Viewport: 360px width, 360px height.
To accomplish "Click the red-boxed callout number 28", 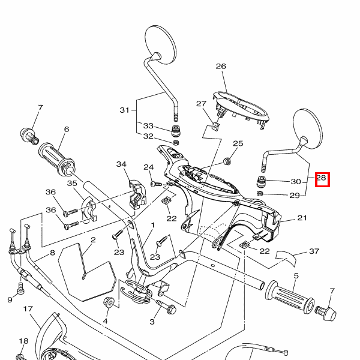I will click(322, 178).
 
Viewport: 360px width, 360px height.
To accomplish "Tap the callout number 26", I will click(220, 67).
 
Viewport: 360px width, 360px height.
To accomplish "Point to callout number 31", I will click(124, 110).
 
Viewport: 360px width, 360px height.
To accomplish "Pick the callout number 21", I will click(302, 218).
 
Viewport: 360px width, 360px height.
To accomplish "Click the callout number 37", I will click(313, 251).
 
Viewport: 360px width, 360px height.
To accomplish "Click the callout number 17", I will click(28, 309).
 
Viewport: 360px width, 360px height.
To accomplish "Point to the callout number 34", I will click(122, 164).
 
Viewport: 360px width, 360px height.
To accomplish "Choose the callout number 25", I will click(238, 143).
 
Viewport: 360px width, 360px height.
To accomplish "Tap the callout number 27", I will click(201, 104).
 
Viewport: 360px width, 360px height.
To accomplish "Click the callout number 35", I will click(72, 184).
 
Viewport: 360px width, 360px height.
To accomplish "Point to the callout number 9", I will click(10, 299).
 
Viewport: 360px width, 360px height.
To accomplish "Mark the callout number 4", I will click(105, 321).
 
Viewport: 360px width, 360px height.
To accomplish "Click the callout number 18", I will click(23, 341).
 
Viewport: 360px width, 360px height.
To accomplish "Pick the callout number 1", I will click(152, 225).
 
